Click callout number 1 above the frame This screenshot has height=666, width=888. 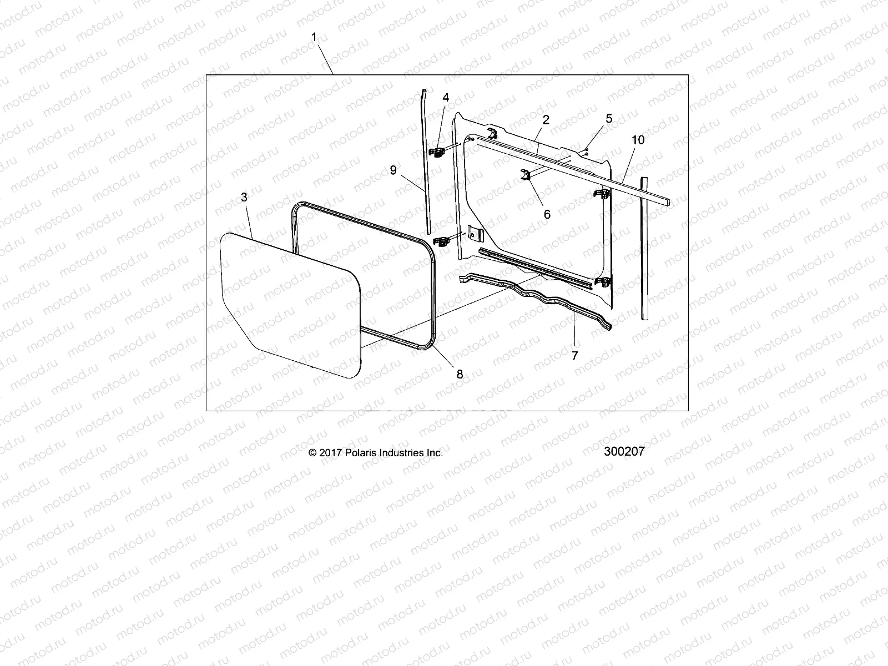[x=314, y=37]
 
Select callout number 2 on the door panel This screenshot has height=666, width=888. [x=546, y=119]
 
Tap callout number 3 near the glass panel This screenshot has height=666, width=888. [x=244, y=197]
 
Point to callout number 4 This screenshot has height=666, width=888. [x=446, y=97]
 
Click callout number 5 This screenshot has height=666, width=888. [x=609, y=118]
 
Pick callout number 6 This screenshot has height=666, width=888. [x=547, y=214]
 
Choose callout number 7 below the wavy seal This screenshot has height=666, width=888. [x=574, y=356]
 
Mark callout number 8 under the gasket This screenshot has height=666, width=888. [x=460, y=374]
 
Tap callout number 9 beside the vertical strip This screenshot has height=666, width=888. [x=393, y=170]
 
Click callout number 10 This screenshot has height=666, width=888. [x=638, y=140]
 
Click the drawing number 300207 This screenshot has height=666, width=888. [x=624, y=451]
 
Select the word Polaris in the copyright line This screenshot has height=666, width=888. [x=361, y=453]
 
